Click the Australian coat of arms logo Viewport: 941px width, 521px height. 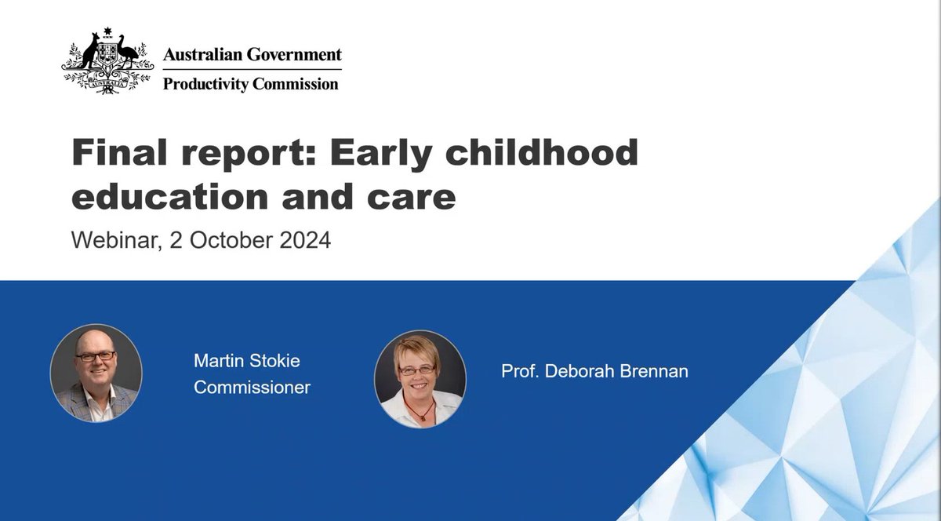(108, 63)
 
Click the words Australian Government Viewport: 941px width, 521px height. (252, 55)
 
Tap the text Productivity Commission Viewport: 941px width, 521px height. (251, 83)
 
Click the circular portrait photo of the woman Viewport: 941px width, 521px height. (420, 377)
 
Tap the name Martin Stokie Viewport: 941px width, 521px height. (247, 361)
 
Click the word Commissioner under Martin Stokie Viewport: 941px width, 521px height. (252, 387)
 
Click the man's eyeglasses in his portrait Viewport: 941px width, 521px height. (96, 356)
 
